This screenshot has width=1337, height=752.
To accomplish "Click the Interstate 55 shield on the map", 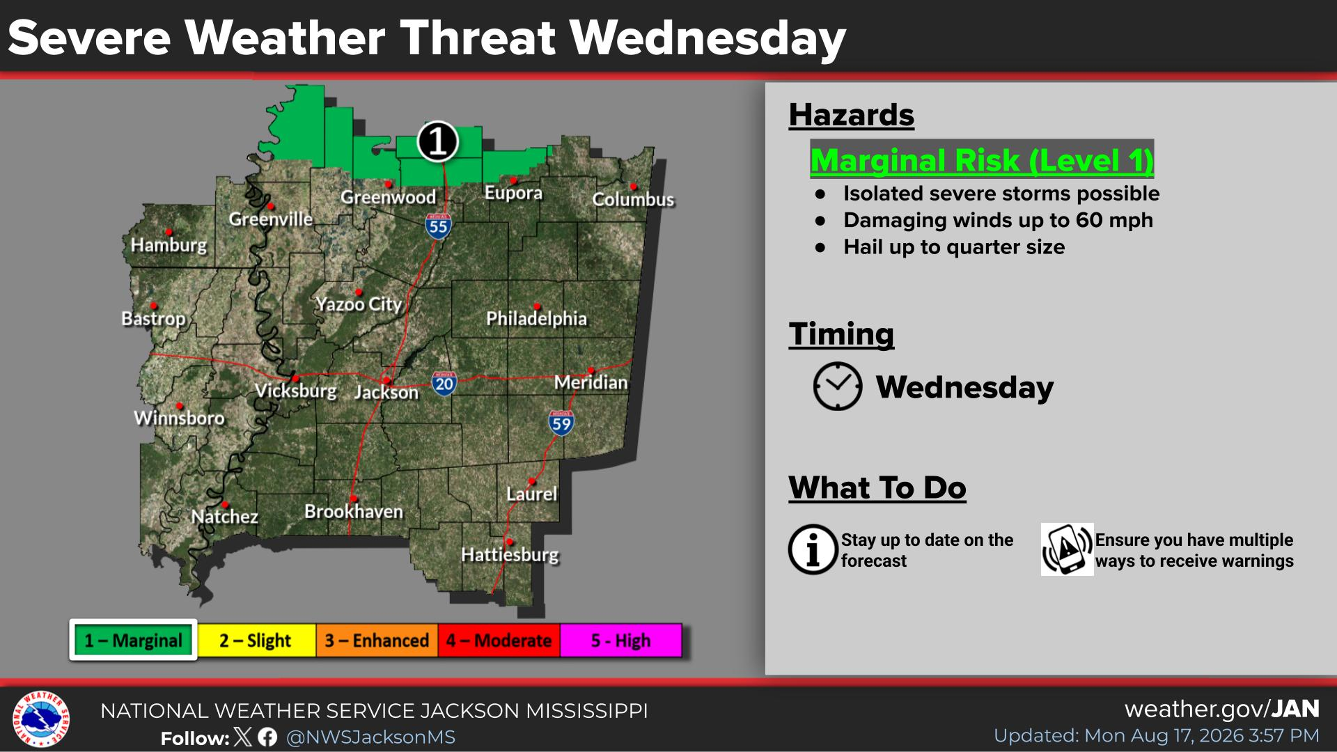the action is [x=438, y=226].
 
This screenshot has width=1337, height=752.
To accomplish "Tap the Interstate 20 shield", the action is [x=444, y=383].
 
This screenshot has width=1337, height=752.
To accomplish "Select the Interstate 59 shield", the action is [x=561, y=423].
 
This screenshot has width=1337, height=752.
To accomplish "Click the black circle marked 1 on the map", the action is [x=437, y=141].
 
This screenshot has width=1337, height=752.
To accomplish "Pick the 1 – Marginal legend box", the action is [x=133, y=640].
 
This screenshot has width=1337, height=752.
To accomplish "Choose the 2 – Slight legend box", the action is [x=255, y=641].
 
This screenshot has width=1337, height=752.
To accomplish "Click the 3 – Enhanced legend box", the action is [x=377, y=641].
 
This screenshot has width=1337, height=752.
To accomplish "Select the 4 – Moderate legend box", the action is [x=499, y=641].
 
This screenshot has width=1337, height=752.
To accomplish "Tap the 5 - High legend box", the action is [x=620, y=641].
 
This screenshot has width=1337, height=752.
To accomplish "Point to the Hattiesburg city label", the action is [x=510, y=555].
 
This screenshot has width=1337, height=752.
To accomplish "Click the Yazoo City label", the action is [x=359, y=304].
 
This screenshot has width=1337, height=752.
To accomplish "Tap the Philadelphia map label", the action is [x=536, y=319].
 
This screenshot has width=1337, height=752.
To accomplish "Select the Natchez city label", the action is [x=224, y=517].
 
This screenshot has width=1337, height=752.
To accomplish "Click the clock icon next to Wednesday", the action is [x=837, y=386].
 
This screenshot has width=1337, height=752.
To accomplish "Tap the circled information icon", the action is [x=813, y=549].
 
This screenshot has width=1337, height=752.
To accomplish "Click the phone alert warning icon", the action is [x=1067, y=549].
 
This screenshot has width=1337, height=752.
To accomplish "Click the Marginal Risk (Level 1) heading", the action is [x=982, y=159].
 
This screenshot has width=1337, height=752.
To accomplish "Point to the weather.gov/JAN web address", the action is [x=1222, y=709].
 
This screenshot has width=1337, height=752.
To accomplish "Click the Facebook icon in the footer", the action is [x=267, y=737].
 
